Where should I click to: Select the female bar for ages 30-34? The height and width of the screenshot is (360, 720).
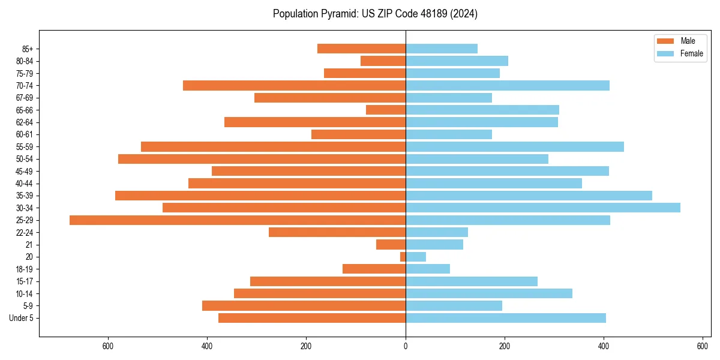pyautogui.click(x=543, y=208)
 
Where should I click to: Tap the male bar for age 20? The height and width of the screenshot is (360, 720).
pyautogui.click(x=403, y=257)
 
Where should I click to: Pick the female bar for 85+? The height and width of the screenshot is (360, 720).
pyautogui.click(x=442, y=49)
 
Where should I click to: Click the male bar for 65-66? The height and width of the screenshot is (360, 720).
pyautogui.click(x=386, y=110)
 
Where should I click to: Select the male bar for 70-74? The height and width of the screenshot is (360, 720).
pyautogui.click(x=294, y=85)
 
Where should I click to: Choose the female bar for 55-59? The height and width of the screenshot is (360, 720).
pyautogui.click(x=515, y=146)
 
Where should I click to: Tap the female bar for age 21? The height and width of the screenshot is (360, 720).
pyautogui.click(x=434, y=244)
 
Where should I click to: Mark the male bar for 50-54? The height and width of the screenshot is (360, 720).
pyautogui.click(x=262, y=159)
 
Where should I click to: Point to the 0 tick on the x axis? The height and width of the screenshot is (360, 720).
pyautogui.click(x=406, y=346)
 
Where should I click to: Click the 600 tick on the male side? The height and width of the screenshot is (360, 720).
pyautogui.click(x=109, y=346)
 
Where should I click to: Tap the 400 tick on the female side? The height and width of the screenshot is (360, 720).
pyautogui.click(x=604, y=346)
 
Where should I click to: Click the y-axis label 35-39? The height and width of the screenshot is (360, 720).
pyautogui.click(x=25, y=196)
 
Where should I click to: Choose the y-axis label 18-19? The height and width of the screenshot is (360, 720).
pyautogui.click(x=25, y=269)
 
